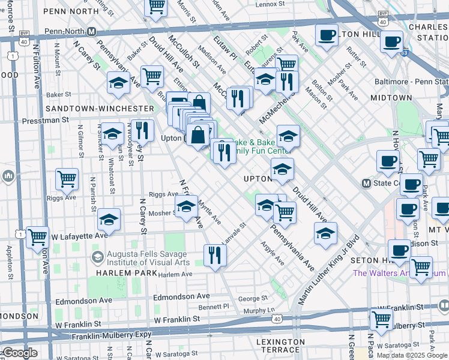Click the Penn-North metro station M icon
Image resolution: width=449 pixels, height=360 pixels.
[x=92, y=32]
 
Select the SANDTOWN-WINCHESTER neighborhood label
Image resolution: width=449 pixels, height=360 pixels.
[x=100, y=109]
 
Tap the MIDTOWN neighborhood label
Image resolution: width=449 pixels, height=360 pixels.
[x=391, y=98]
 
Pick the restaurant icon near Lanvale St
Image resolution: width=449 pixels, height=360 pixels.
[x=214, y=256]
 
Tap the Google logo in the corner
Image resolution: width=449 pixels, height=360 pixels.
[x=19, y=353]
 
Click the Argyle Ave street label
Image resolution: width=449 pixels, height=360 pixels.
[x=273, y=253]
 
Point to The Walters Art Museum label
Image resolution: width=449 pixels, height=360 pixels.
[x=399, y=273]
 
